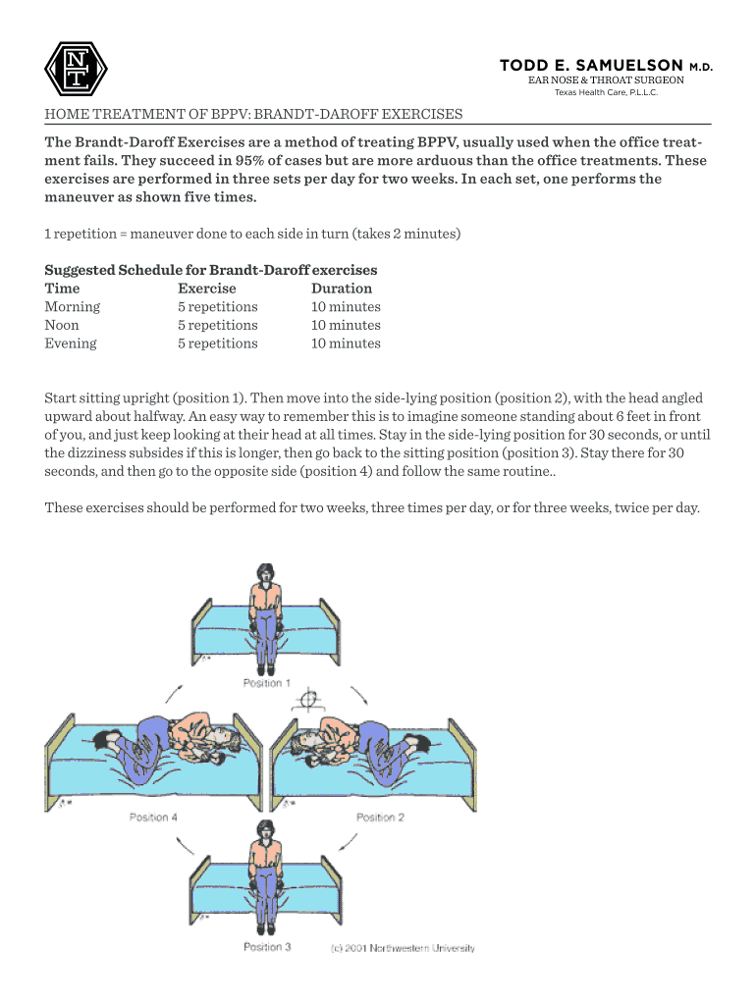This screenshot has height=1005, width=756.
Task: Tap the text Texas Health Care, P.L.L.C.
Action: [606, 93]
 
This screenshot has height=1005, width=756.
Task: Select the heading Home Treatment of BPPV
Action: [253, 115]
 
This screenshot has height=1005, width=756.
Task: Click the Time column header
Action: [63, 289]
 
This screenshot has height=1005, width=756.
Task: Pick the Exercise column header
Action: [206, 289]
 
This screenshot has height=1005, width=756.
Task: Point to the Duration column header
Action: [342, 289]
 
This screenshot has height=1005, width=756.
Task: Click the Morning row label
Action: [73, 306]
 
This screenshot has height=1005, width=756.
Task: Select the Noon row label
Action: [62, 325]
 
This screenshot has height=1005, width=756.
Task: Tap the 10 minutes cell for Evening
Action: [346, 344]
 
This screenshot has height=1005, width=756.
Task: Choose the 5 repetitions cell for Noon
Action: [217, 325]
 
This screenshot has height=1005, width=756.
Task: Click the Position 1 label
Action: [267, 683]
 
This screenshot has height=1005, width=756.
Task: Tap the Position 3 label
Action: [267, 947]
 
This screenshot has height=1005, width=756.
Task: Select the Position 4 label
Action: [153, 817]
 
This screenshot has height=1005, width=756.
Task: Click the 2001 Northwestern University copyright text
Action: [403, 948]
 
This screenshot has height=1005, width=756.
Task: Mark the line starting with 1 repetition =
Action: [253, 235]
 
